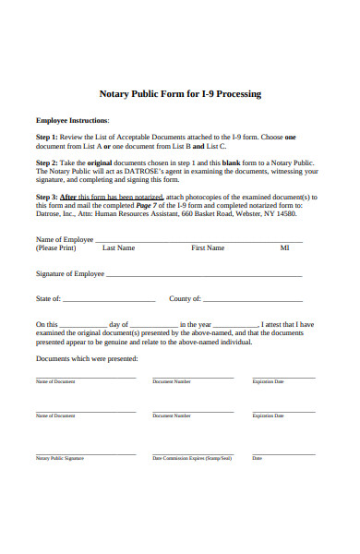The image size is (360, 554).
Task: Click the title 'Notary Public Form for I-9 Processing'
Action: point(180,94)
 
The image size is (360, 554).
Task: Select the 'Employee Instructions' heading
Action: point(72,120)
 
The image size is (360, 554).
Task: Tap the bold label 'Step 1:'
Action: point(47,137)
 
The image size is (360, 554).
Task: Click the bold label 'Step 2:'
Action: point(47,162)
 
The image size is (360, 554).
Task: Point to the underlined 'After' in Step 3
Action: point(68,197)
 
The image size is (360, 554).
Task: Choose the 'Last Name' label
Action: point(118,248)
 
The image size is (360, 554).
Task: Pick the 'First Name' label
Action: point(208,248)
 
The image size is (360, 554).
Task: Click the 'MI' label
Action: point(284,248)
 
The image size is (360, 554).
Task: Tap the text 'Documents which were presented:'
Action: point(87,358)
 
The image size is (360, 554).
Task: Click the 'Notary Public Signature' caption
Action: point(60,458)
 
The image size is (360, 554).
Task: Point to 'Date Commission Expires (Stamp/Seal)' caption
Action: point(192,458)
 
